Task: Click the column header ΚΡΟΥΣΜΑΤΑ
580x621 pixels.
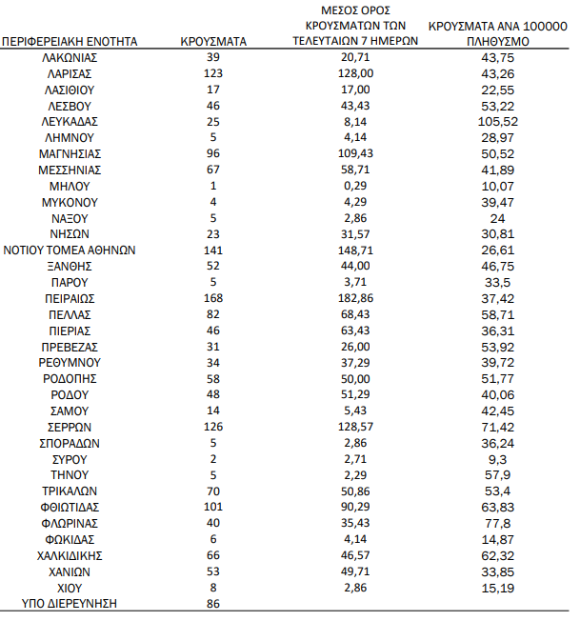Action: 213,42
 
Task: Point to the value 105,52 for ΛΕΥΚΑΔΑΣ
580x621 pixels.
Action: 500,122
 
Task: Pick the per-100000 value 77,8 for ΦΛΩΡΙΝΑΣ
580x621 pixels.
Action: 500,523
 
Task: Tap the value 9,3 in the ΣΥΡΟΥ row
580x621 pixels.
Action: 500,459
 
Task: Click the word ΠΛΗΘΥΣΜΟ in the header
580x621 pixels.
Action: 499,42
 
